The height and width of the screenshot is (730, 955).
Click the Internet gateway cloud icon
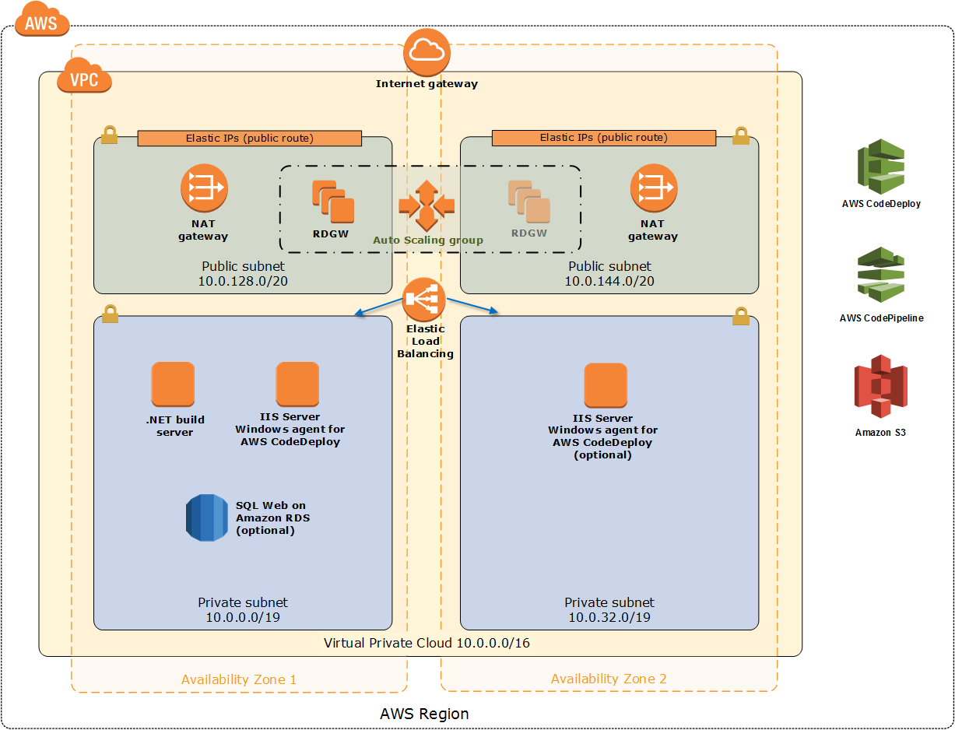click(x=427, y=51)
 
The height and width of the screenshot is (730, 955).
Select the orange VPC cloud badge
click(x=84, y=78)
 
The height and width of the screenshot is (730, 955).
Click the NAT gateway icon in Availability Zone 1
click(x=204, y=188)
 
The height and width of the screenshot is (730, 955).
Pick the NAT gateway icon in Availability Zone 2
click(x=653, y=188)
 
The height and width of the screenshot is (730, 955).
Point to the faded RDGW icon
click(x=529, y=202)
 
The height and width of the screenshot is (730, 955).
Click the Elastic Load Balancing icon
click(x=425, y=300)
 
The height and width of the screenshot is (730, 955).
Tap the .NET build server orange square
click(x=173, y=384)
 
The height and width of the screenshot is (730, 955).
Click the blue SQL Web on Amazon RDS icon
click(x=207, y=518)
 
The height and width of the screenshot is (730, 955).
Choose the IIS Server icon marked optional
click(x=606, y=384)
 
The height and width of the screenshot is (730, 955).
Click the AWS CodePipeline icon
click(x=881, y=276)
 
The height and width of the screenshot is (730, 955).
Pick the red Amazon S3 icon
click(x=880, y=386)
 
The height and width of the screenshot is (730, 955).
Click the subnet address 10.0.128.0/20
click(x=243, y=280)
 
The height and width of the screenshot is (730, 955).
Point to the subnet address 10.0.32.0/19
click(x=609, y=617)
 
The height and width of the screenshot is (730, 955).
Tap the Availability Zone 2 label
click(x=609, y=679)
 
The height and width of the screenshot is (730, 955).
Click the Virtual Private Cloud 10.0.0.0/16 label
click(x=427, y=643)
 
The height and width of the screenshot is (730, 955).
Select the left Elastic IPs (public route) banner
click(x=249, y=139)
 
